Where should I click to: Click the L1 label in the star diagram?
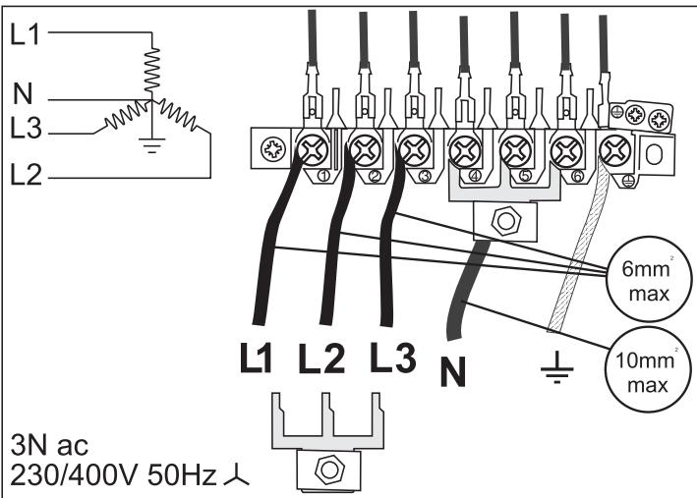(x=25, y=33)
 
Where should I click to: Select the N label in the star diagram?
(x=25, y=95)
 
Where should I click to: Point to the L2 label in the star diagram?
(x=25, y=176)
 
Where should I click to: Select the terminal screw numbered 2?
(x=367, y=150)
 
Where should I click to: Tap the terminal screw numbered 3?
(x=413, y=150)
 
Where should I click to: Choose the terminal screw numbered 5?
(x=514, y=151)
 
